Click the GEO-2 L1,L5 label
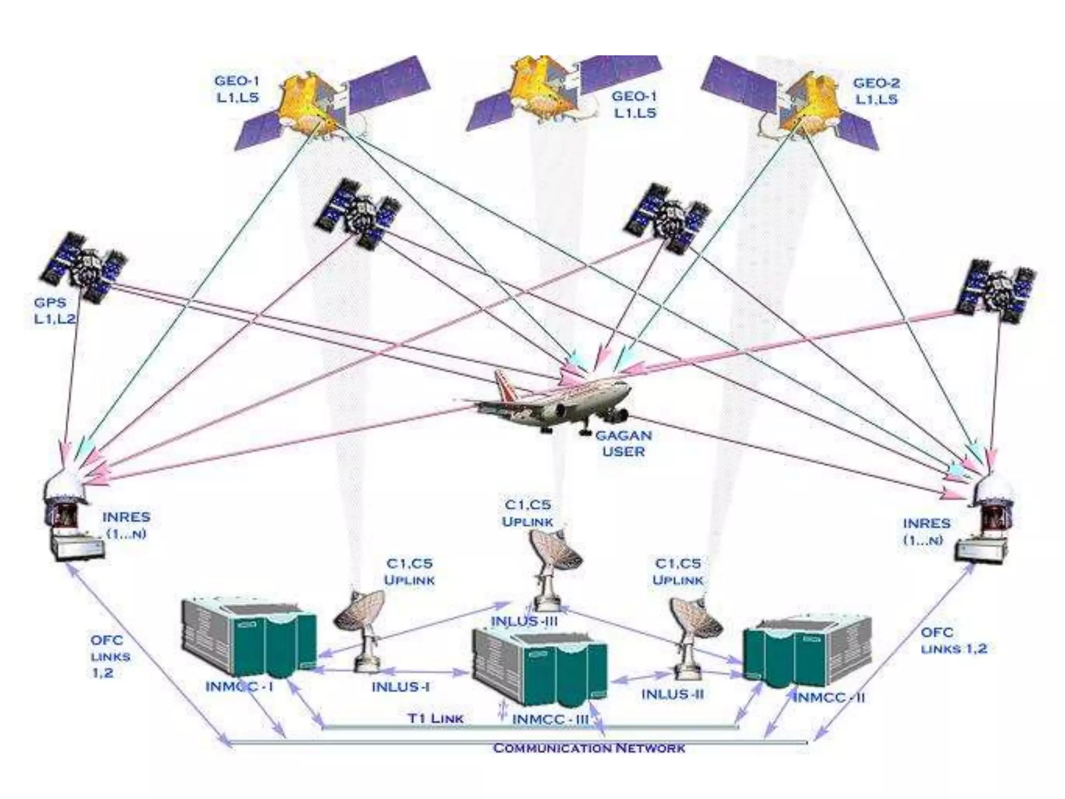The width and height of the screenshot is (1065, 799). coord(876,91)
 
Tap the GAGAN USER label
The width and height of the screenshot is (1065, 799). coord(623,443)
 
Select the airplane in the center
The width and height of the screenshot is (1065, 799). coord(551,401)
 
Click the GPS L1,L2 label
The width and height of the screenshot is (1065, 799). coord(54,311)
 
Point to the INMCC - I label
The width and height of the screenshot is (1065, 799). coord(240,687)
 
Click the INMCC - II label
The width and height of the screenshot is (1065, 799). coord(829,698)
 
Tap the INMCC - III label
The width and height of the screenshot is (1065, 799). coord(550,719)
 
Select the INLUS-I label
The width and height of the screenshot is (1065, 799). coord(400,687)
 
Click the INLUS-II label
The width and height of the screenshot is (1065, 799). coord(672,694)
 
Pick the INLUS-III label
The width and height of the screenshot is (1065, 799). coord(524,621)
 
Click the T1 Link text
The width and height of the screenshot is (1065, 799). coord(435,718)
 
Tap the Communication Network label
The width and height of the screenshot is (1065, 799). coord(589,749)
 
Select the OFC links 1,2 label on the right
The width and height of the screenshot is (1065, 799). coord(953,640)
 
